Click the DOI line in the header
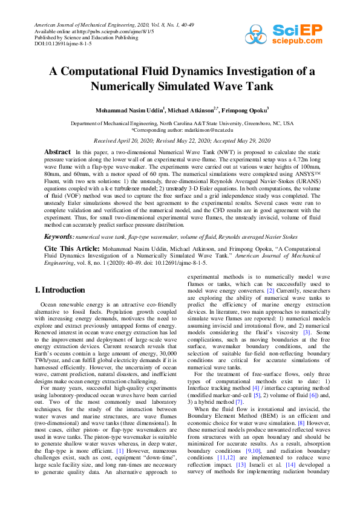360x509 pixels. click(55, 44)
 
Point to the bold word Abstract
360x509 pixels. click(57, 151)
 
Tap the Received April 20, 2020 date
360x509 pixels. click(123, 140)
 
